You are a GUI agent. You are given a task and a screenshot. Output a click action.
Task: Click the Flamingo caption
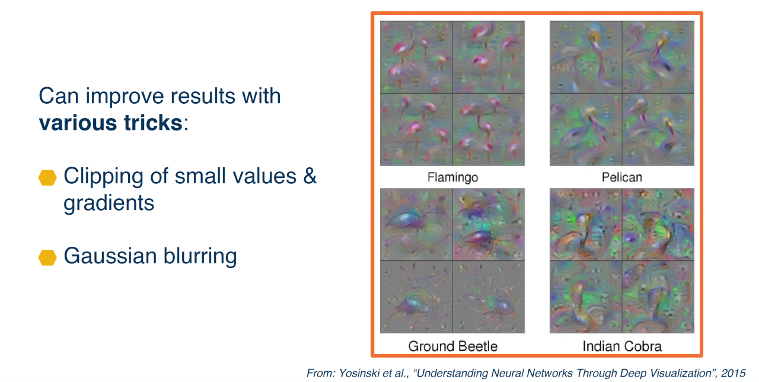tap(452, 177)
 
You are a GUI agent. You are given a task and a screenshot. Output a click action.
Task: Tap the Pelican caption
tap(622, 177)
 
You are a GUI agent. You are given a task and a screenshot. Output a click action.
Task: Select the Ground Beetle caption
tap(452, 346)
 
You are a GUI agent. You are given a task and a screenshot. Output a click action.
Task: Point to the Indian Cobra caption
tap(622, 346)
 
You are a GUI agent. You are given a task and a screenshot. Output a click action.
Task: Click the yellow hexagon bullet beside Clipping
tap(47, 177)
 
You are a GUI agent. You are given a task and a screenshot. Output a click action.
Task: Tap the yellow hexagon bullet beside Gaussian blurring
tap(47, 257)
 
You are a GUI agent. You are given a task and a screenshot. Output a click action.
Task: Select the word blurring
tap(200, 257)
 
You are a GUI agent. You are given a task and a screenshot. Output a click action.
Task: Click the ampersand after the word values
tap(310, 176)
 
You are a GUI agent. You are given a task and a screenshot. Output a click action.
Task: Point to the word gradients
tap(109, 203)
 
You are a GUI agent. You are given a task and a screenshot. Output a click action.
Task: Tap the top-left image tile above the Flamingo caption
tap(416, 57)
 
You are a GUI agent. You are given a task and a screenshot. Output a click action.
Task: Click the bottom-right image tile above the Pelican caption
tap(658, 129)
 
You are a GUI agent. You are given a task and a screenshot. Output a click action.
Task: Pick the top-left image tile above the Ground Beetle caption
tap(416, 224)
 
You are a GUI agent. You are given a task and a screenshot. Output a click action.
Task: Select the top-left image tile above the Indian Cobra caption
tap(586, 224)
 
